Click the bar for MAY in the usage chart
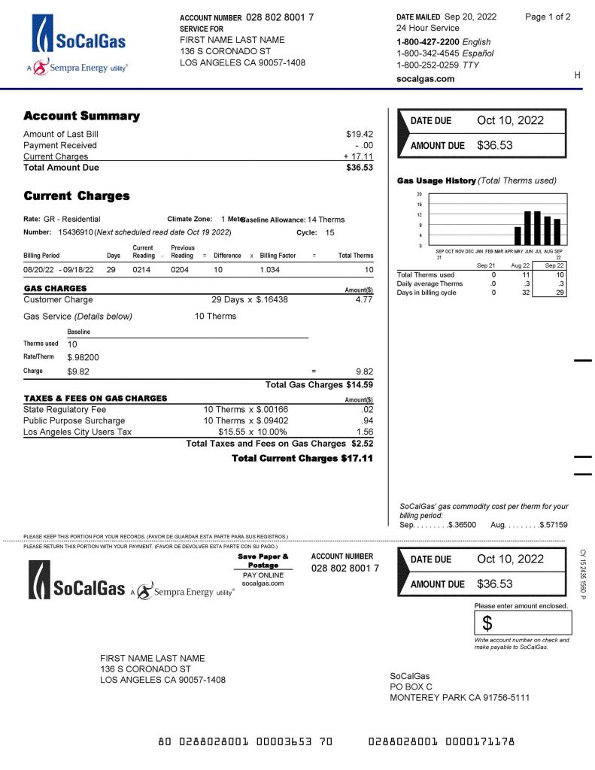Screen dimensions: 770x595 518,236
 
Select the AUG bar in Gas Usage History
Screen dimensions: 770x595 548,230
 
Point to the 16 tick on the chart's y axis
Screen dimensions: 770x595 420,204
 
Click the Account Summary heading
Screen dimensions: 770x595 81,116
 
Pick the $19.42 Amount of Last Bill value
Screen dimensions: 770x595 359,134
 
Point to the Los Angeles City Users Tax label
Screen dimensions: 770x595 77,432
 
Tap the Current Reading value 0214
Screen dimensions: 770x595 142,269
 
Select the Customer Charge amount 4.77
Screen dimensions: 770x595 364,299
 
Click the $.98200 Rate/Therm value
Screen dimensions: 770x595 83,357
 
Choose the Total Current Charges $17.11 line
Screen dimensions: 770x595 302,457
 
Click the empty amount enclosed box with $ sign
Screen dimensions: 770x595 523,623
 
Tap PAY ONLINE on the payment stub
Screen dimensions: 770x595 263,574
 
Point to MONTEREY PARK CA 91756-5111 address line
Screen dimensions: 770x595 459,697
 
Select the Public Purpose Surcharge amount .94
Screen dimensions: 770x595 367,420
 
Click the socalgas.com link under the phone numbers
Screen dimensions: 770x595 425,78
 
